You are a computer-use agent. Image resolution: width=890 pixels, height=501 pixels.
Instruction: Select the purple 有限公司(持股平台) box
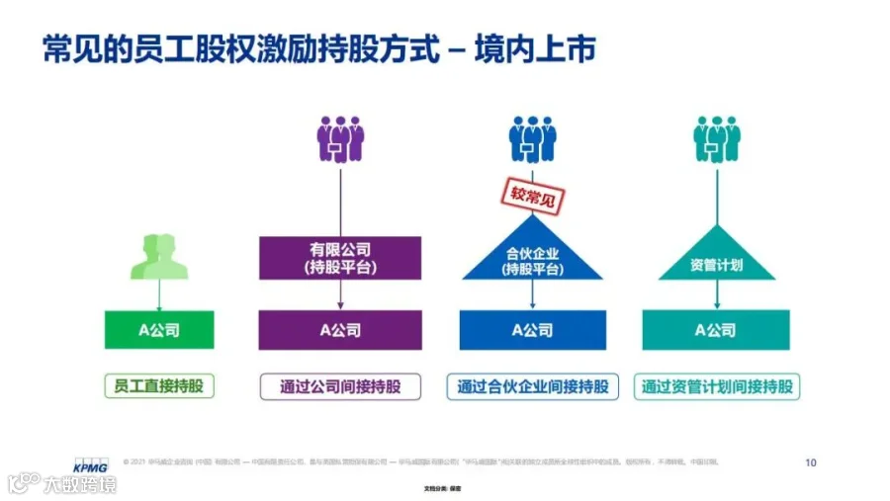coord(340,257)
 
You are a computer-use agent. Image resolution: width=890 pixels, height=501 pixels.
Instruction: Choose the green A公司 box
coord(158,330)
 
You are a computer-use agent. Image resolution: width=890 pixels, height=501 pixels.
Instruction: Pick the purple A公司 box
coord(340,330)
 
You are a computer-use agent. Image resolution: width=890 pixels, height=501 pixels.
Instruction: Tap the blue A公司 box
coord(532,330)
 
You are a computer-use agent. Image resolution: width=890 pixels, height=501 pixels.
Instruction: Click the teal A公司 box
coord(715,330)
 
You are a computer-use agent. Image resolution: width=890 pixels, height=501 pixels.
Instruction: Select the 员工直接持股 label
coord(159,385)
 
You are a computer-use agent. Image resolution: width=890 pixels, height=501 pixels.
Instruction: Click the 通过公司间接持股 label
coord(340,385)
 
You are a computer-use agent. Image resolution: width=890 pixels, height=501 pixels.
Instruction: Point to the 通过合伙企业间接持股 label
coord(532,385)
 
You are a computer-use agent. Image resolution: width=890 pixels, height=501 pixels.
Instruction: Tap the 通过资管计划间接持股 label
coord(717,385)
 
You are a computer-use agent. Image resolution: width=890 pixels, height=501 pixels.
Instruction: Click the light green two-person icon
coord(158,256)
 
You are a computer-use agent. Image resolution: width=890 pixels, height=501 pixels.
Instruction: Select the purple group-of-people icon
coord(340,138)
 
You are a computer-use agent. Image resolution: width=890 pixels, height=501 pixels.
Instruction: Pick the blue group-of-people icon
coord(532,138)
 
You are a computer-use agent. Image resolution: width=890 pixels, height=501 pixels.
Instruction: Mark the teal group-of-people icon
coord(716,138)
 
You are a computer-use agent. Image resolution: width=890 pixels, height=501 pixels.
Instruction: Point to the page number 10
coord(811,461)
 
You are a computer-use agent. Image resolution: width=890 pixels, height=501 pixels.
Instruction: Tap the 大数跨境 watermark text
coord(79,484)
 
